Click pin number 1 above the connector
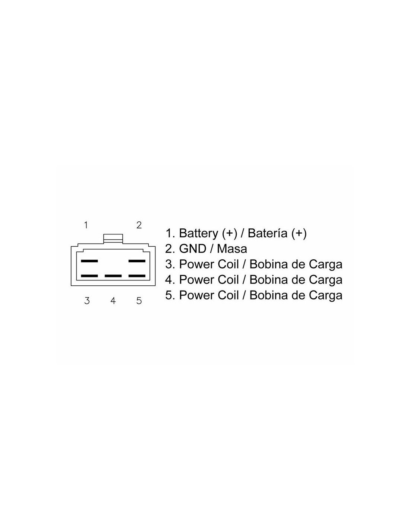click(x=86, y=225)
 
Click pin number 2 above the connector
click(x=139, y=225)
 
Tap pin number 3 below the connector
click(x=87, y=301)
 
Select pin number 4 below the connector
click(x=113, y=301)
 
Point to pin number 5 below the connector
click(x=139, y=301)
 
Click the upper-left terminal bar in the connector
click(x=89, y=261)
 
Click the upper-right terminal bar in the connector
click(x=137, y=261)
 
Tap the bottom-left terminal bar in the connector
click(x=89, y=276)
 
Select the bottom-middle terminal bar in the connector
click(x=113, y=276)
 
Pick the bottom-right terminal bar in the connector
click(x=137, y=276)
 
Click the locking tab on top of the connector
click(x=113, y=238)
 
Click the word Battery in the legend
click(x=199, y=234)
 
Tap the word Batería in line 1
click(x=268, y=233)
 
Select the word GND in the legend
click(x=193, y=249)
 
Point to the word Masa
click(x=232, y=249)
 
